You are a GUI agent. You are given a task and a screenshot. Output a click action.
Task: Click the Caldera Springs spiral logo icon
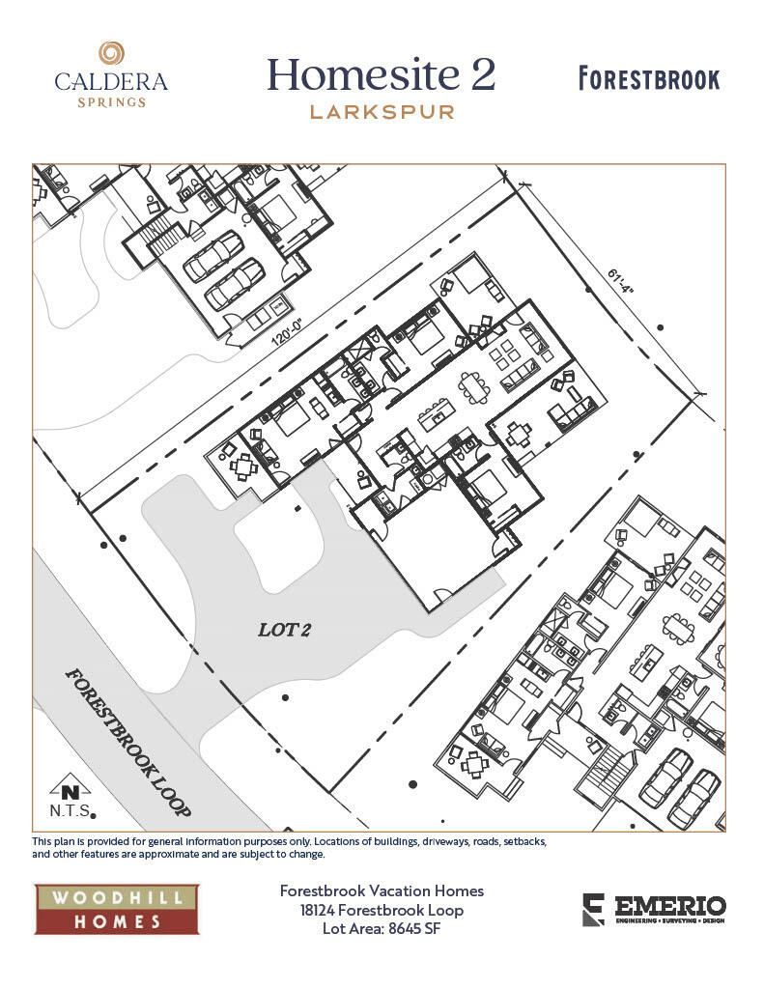(x=111, y=53)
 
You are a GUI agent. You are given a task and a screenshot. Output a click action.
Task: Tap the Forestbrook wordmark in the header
(x=649, y=78)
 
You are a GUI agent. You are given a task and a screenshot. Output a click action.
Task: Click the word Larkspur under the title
(x=382, y=111)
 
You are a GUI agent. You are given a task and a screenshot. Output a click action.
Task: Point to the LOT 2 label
(x=284, y=630)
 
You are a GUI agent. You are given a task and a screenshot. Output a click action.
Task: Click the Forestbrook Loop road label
(x=128, y=742)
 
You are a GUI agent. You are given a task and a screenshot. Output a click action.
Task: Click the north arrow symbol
(x=64, y=787)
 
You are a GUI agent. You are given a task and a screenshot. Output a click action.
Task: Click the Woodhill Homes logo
(x=116, y=909)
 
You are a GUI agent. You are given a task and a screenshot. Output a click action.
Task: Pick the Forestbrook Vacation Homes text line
(x=382, y=890)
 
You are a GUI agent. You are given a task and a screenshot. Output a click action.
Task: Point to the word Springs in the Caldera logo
(x=111, y=101)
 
